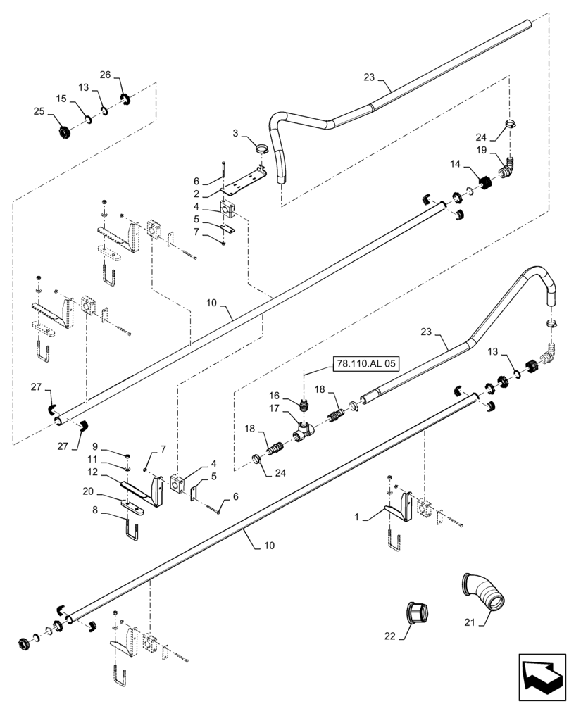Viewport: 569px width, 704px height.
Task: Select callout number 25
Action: point(39,111)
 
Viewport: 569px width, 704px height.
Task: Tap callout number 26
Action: point(105,75)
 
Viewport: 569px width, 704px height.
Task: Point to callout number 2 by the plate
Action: point(198,193)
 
